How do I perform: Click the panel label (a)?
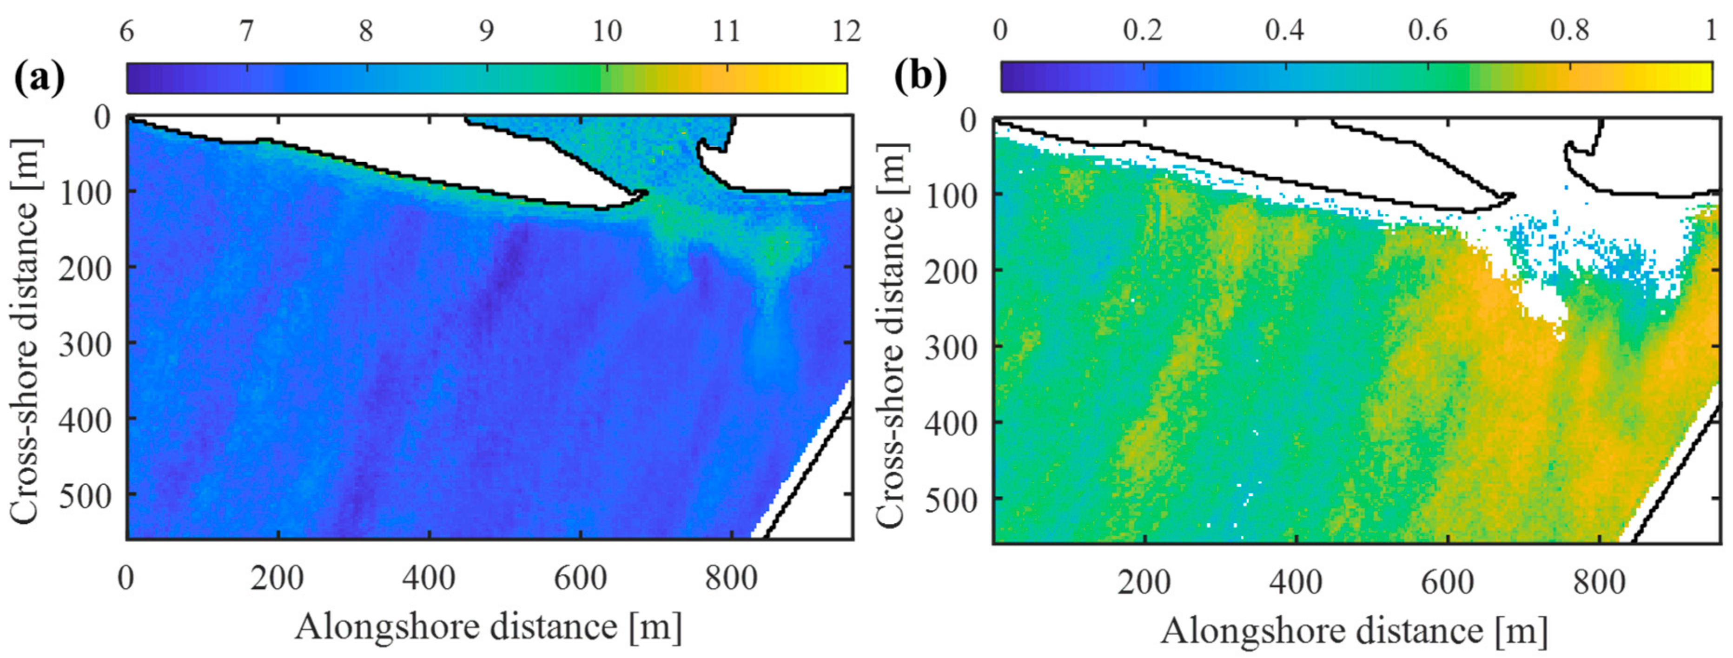pos(39,79)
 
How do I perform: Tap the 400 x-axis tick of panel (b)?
pos(1296,581)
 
